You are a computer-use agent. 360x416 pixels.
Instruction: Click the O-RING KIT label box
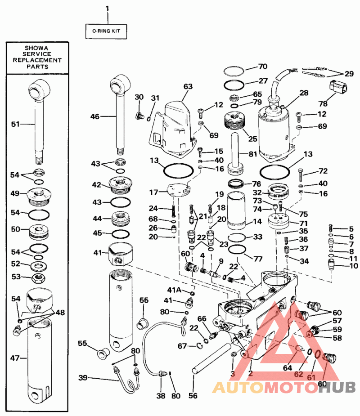coord(107,31)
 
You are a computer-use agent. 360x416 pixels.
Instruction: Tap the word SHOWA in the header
coord(37,48)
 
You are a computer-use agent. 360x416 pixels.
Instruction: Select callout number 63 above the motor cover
coord(188,85)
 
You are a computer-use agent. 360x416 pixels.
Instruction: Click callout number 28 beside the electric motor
coord(304,93)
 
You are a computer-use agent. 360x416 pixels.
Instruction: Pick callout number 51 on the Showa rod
coord(15,124)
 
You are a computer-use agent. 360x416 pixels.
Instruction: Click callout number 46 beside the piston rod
coord(94,116)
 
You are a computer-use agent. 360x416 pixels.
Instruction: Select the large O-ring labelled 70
coord(234,71)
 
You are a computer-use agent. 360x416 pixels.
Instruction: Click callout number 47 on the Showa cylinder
coord(15,358)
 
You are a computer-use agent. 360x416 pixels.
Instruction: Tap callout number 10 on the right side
coord(353,266)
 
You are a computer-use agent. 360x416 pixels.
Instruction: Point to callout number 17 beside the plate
coord(153,192)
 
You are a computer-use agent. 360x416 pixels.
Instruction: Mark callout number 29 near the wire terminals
coord(349,73)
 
